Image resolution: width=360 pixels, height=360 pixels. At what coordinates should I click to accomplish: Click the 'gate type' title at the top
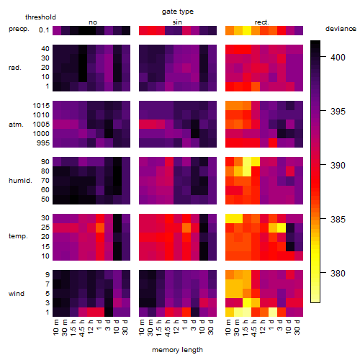tap(178, 12)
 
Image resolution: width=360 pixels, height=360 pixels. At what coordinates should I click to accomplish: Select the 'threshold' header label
tap(40, 17)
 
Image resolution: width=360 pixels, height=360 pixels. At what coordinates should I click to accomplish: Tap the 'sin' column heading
tap(177, 22)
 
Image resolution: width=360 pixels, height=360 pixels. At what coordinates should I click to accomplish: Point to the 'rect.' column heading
tap(262, 22)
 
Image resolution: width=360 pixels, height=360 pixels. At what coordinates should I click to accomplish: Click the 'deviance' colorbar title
tap(341, 29)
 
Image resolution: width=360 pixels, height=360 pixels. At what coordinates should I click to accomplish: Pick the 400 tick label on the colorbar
tap(338, 58)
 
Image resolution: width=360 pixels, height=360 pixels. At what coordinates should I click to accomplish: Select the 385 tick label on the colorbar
tap(338, 219)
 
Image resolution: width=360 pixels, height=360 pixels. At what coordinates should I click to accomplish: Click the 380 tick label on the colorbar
tap(338, 273)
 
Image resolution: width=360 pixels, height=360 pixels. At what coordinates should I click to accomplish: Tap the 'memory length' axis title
tap(177, 350)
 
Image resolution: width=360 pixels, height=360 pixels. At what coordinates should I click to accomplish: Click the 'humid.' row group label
tap(20, 181)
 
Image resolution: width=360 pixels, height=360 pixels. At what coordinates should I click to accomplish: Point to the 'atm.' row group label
tap(16, 125)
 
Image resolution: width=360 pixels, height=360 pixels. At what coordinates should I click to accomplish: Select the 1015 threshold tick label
tap(41, 106)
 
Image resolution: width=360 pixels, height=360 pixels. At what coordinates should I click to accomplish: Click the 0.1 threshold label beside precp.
tap(44, 30)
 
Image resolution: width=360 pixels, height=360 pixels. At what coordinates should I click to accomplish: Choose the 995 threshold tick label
tap(43, 143)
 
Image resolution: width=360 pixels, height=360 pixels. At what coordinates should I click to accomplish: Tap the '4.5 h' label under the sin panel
tap(168, 328)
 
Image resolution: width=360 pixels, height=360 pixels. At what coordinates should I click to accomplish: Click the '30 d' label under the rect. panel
tap(297, 327)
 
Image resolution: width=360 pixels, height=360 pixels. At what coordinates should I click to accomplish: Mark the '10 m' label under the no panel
tap(55, 328)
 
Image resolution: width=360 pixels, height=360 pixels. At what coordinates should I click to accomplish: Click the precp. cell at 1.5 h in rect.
tap(247, 30)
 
